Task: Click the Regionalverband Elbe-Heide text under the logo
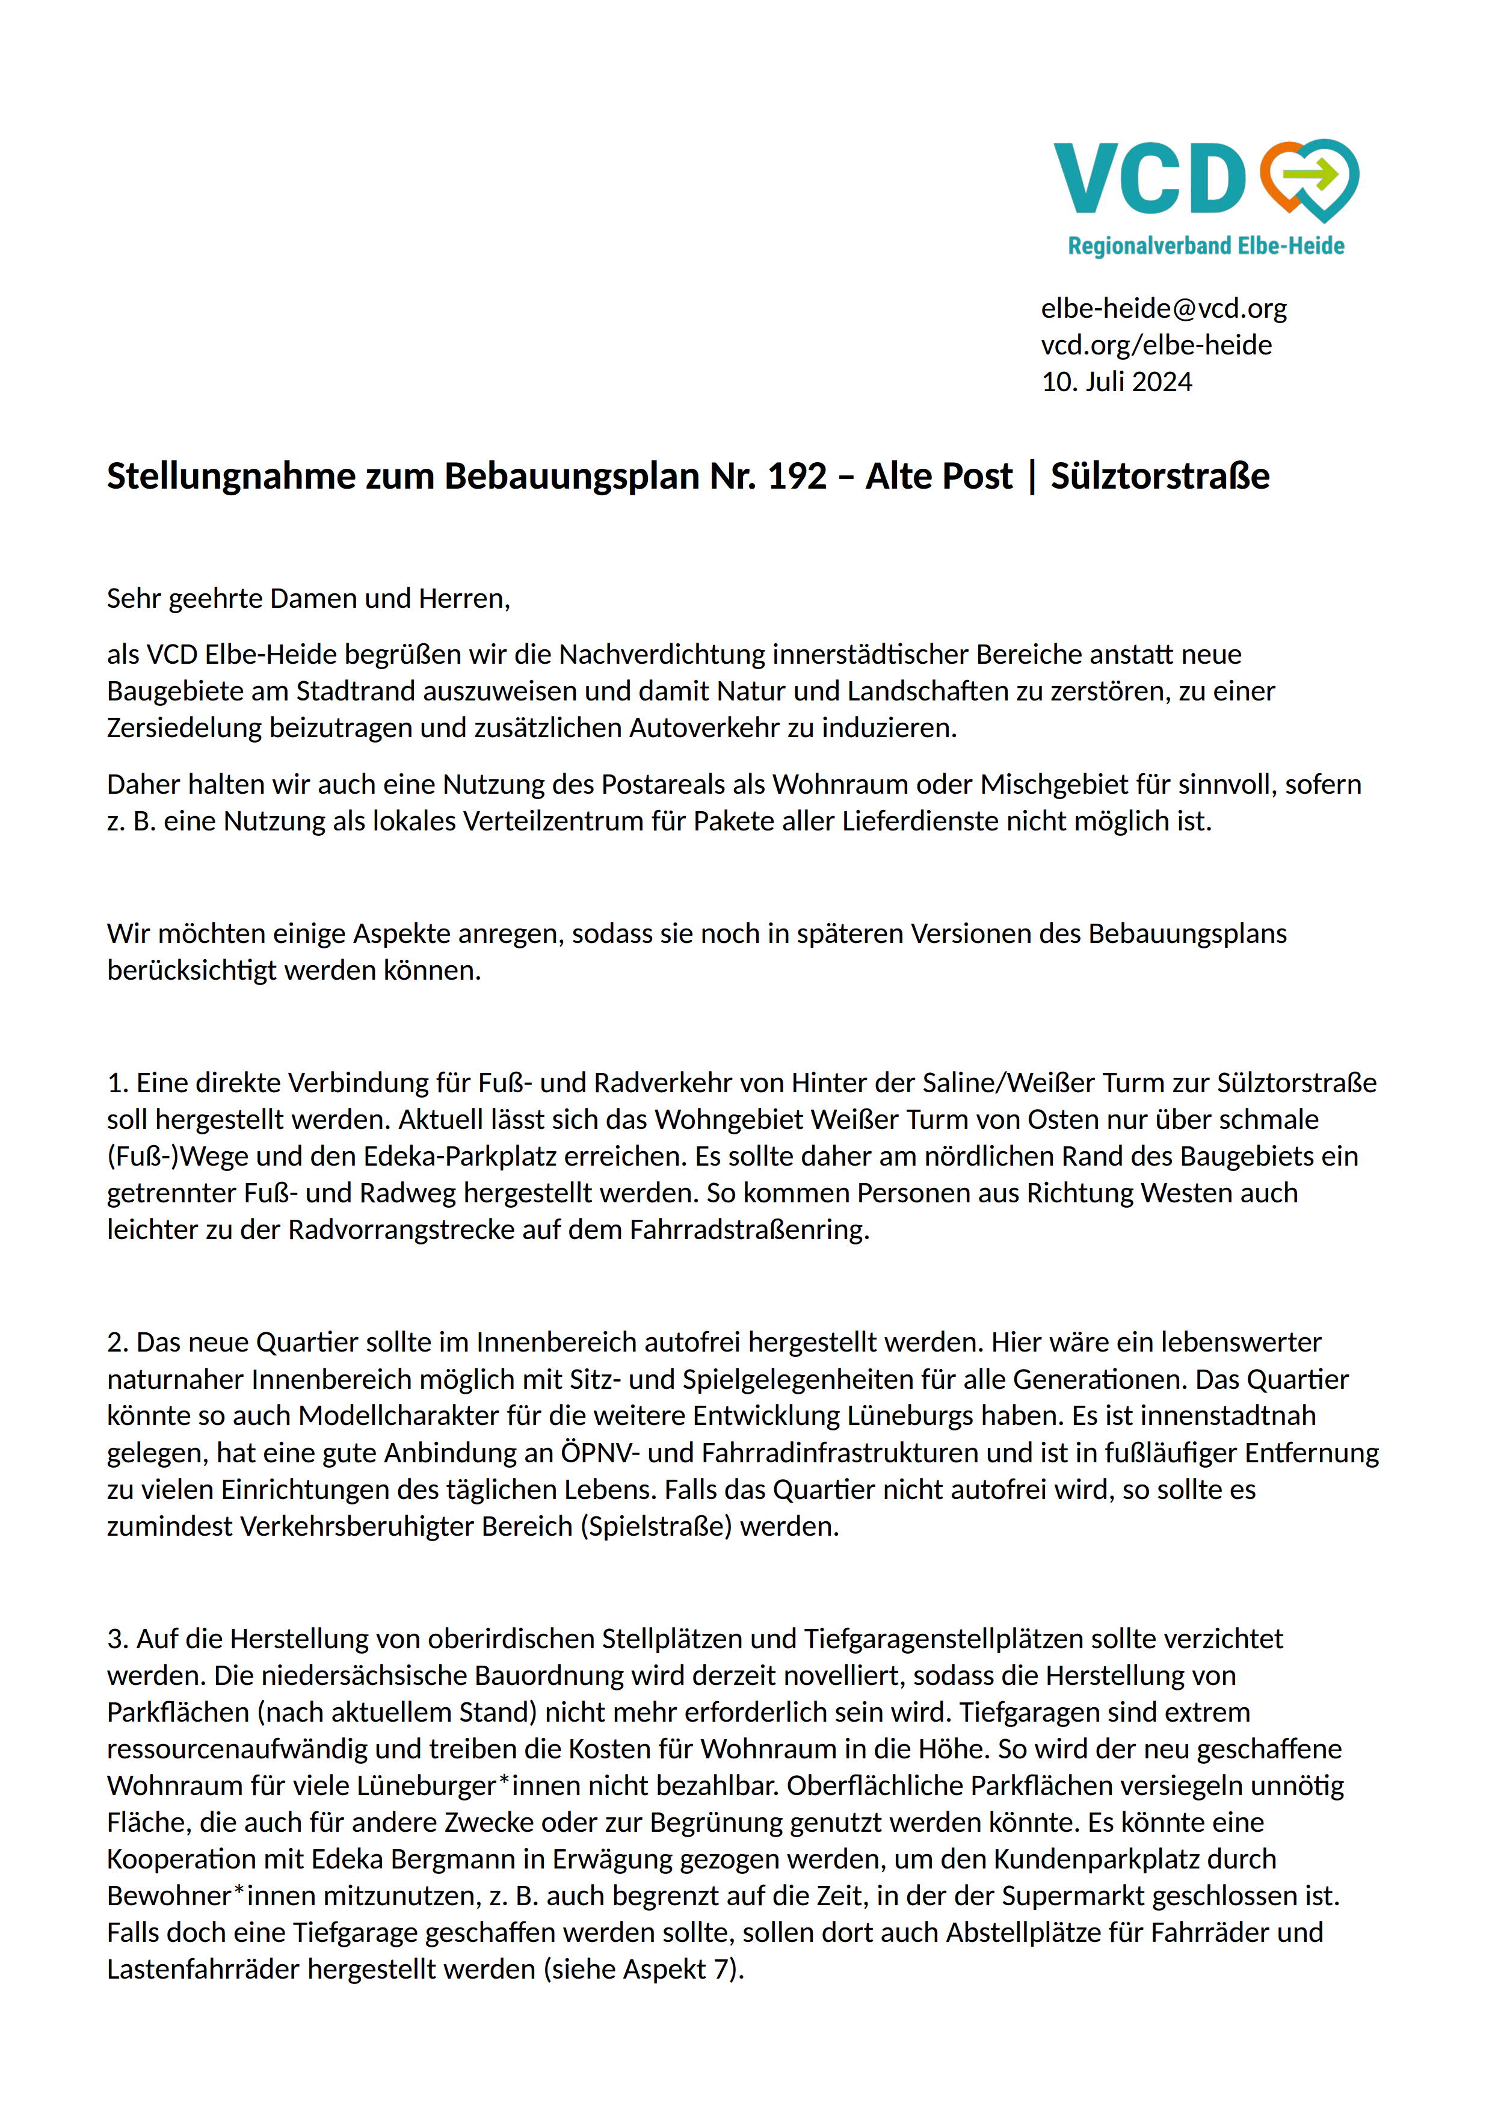(x=1205, y=246)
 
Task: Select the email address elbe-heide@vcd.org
(x=1163, y=308)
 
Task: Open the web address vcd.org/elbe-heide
(x=1156, y=345)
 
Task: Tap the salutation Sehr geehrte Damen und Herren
(x=308, y=599)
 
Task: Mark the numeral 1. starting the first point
(x=117, y=1083)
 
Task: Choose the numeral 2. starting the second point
(x=117, y=1343)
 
